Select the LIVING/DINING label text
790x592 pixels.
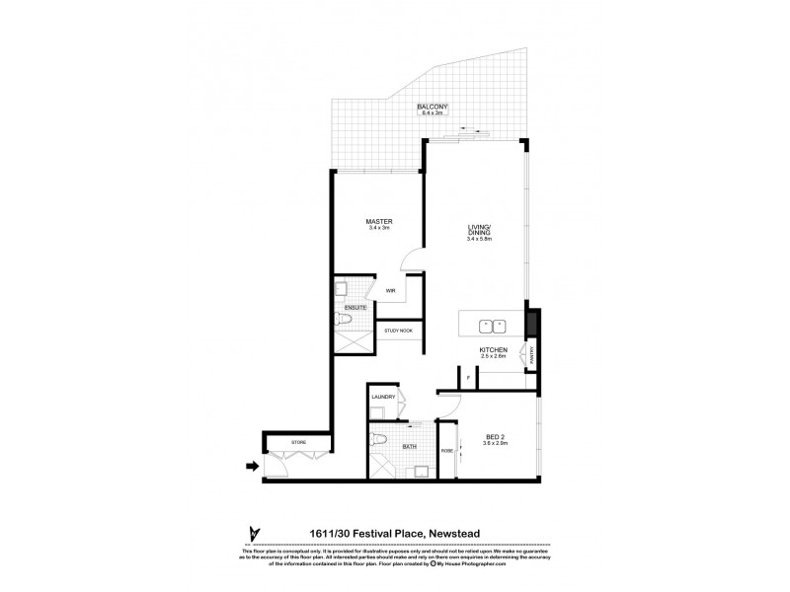click(x=479, y=229)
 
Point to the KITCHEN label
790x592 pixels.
click(x=493, y=349)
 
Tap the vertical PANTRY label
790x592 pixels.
click(x=533, y=353)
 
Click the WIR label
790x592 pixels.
click(x=391, y=291)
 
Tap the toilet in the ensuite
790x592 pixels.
click(x=353, y=320)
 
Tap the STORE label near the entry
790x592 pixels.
click(x=299, y=443)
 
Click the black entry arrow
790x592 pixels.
click(x=252, y=467)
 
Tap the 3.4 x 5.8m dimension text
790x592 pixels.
click(x=479, y=240)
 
